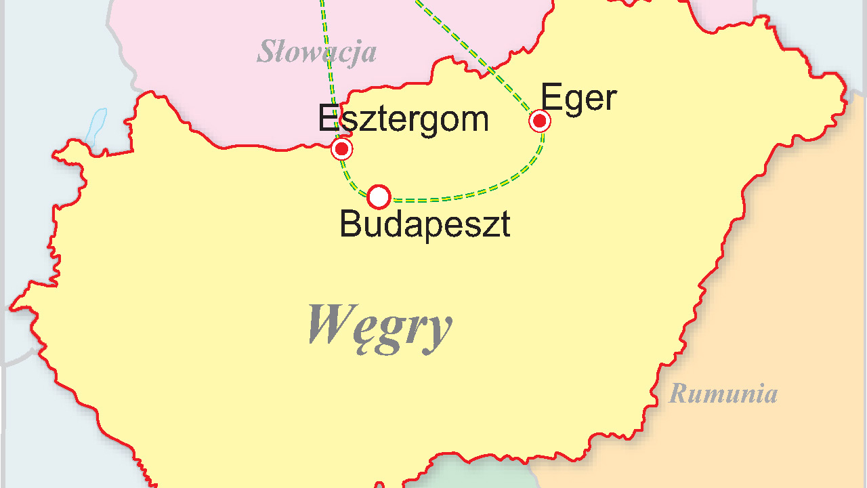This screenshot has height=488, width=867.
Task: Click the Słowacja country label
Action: click(316, 52)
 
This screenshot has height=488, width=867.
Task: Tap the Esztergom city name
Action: click(403, 119)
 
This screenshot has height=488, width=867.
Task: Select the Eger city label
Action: click(578, 98)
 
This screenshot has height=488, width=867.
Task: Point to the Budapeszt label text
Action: click(425, 224)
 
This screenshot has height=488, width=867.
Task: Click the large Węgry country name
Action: click(379, 325)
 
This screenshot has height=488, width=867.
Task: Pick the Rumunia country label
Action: click(723, 393)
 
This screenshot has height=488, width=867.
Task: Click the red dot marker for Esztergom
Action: click(342, 148)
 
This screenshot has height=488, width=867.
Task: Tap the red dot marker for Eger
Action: click(540, 121)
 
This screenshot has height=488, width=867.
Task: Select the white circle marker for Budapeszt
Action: click(379, 197)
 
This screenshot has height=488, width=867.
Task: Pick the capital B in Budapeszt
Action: click(350, 224)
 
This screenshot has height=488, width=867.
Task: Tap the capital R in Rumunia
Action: click(678, 393)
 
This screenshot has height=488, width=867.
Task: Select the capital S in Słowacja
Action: click(267, 52)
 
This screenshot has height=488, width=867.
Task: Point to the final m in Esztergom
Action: click(475, 121)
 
